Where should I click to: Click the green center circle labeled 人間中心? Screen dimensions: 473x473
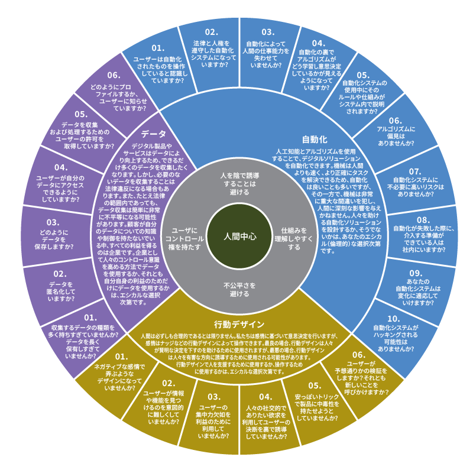tap(239, 236)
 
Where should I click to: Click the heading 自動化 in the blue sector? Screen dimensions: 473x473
tap(314, 140)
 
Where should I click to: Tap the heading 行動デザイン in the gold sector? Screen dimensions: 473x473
tap(239, 324)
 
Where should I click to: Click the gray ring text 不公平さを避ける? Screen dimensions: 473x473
tap(239, 289)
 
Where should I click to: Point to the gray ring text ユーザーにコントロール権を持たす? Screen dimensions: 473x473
tap(187, 235)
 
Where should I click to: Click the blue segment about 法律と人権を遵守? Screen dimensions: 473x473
tap(212, 47)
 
